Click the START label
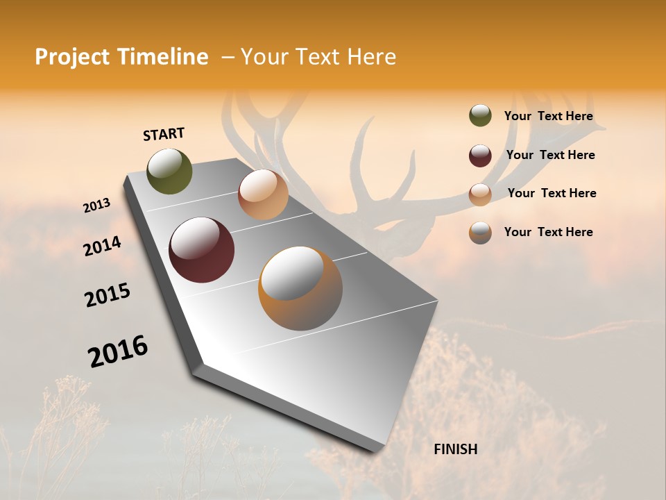click(164, 134)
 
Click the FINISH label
click(455, 449)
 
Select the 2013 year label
click(97, 206)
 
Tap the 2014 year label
click(103, 246)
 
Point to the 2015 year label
click(108, 295)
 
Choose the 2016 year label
click(118, 351)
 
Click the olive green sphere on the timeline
click(169, 171)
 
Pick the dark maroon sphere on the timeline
click(201, 250)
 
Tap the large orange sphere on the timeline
click(300, 287)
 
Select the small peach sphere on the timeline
click(263, 194)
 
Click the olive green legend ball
click(480, 116)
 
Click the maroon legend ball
click(480, 156)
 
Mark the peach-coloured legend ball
click(480, 194)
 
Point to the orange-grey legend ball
click(480, 233)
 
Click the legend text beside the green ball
click(548, 117)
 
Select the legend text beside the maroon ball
click(550, 155)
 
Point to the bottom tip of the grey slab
click(378, 451)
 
